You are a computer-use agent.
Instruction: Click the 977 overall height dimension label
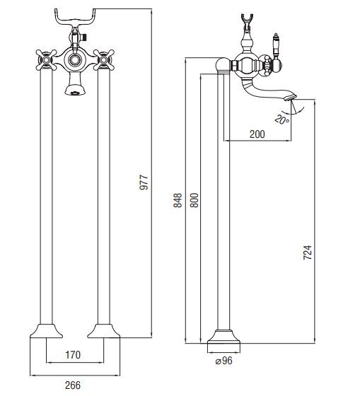click(x=144, y=182)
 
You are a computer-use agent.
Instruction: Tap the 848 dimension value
click(x=178, y=200)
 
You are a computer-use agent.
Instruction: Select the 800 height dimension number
click(x=194, y=200)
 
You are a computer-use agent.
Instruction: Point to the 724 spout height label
click(x=308, y=252)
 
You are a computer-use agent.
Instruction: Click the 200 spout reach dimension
click(x=257, y=134)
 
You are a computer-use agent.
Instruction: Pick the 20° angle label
click(x=281, y=120)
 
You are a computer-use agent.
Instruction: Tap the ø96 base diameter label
click(x=224, y=361)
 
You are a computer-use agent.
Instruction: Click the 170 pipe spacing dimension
click(x=73, y=355)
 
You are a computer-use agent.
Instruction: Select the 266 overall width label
click(x=73, y=385)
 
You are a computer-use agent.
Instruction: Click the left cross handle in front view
click(x=46, y=60)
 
